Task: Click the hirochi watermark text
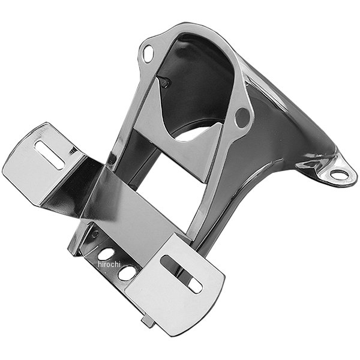pos(109,264)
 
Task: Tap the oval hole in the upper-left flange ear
pos(148,53)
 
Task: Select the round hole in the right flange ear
pos(242,118)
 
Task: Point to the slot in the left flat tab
pos(50,155)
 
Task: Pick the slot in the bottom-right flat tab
pos(181,274)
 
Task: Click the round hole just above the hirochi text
pos(106,254)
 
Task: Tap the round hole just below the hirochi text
pos(127,273)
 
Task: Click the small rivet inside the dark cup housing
pos(165,83)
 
